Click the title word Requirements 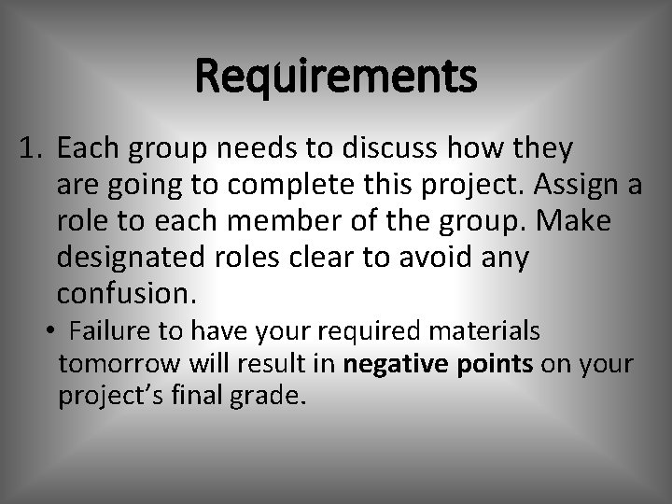click(x=336, y=77)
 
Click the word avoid click(x=426, y=257)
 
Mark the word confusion click(x=127, y=293)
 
